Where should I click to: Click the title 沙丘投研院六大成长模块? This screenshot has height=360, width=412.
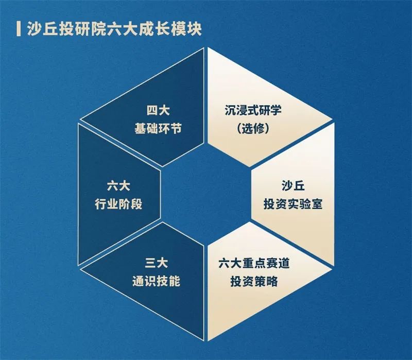point(114,29)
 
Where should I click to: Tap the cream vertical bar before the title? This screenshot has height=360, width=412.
point(19,29)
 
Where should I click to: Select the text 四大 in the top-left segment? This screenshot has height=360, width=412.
point(158,110)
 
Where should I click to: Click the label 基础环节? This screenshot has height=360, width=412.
point(158,129)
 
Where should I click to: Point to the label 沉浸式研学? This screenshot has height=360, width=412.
point(253,110)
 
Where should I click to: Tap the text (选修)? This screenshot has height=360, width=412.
point(253,128)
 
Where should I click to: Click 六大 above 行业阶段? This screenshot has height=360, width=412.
point(118,186)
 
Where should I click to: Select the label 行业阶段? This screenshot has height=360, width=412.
point(118,204)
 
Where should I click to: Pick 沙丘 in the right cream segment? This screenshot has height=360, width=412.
point(293,185)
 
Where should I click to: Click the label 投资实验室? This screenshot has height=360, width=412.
point(293,204)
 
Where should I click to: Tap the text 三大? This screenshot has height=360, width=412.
point(157,263)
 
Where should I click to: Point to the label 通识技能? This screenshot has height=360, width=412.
point(157,281)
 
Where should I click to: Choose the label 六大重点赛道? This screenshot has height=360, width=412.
point(254,263)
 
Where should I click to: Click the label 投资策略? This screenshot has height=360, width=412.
point(254,281)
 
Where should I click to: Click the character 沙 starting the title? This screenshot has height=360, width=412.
point(35,29)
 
